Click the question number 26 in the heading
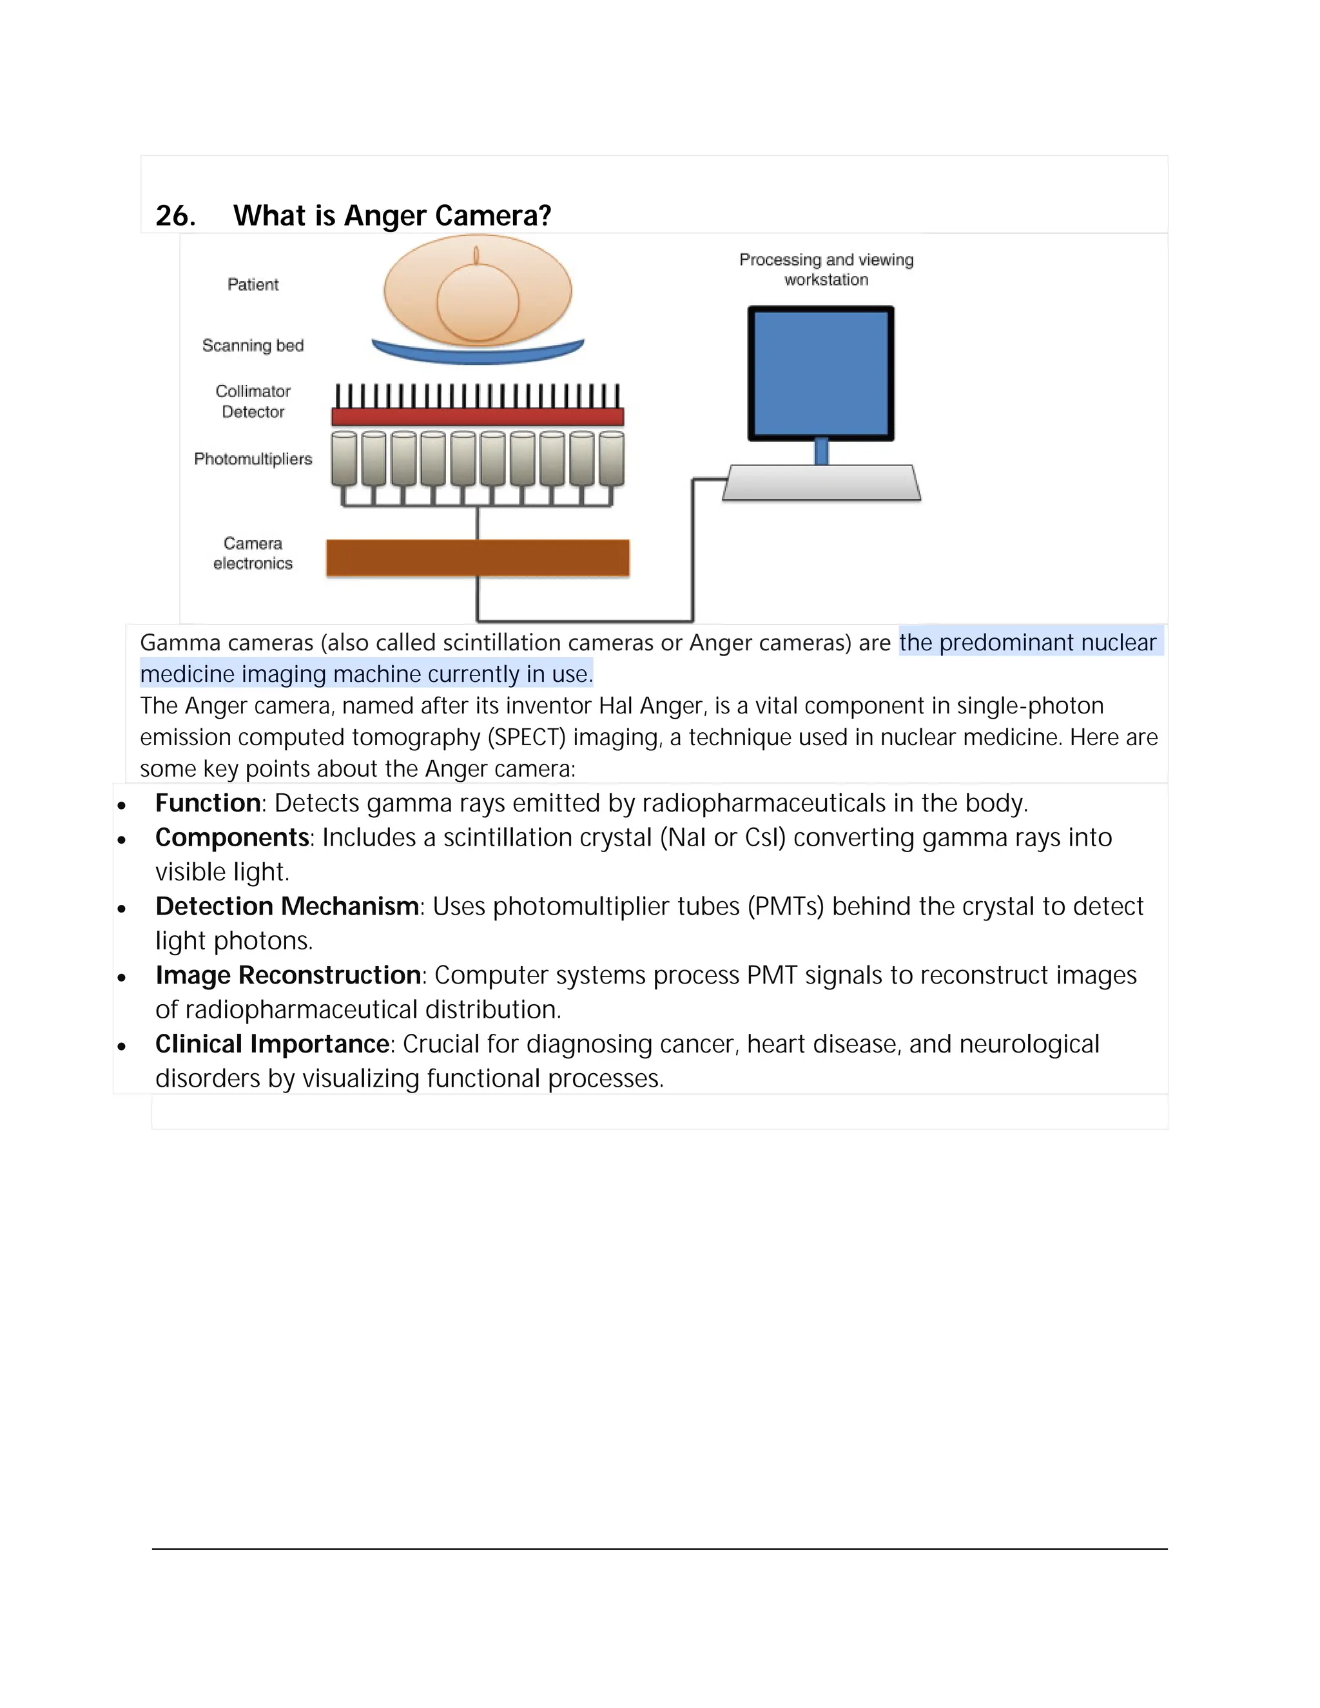tap(175, 216)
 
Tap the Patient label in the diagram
tap(253, 285)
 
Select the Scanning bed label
tap(253, 345)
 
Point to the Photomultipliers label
tap(253, 459)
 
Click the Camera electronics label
tap(253, 553)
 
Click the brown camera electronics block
tap(478, 558)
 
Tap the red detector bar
tap(478, 416)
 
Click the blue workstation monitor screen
tap(821, 374)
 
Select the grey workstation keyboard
tap(822, 483)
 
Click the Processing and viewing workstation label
tap(826, 270)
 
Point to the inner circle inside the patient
tap(478, 302)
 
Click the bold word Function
tap(208, 803)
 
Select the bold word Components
tap(232, 838)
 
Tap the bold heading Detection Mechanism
tap(287, 906)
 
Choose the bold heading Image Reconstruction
tap(289, 975)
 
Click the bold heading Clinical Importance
tap(272, 1044)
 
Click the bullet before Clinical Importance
tap(121, 1045)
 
